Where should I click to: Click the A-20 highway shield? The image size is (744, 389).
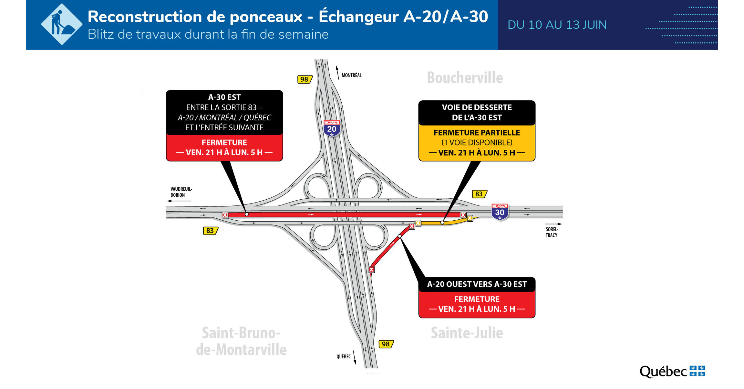pyautogui.click(x=331, y=128)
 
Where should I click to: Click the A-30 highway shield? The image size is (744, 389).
pyautogui.click(x=500, y=212)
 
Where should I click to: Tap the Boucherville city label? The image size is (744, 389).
pyautogui.click(x=465, y=78)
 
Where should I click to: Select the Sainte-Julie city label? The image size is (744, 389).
pyautogui.click(x=467, y=333)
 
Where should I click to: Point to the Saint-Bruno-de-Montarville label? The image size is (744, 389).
pyautogui.click(x=241, y=341)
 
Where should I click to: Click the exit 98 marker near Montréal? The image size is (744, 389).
pyautogui.click(x=305, y=79)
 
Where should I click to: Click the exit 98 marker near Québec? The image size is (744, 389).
pyautogui.click(x=386, y=344)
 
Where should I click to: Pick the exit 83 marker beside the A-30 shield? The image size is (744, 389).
pyautogui.click(x=479, y=194)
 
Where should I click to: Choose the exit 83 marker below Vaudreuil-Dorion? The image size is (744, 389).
pyautogui.click(x=210, y=231)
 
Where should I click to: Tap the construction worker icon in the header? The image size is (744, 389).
pyautogui.click(x=61, y=24)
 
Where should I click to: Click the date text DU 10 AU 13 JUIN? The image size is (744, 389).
pyautogui.click(x=557, y=25)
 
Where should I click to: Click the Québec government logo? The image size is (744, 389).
pyautogui.click(x=672, y=371)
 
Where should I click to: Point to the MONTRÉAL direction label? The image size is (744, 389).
pyautogui.click(x=351, y=75)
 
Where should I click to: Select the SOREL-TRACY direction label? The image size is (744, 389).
pyautogui.click(x=552, y=232)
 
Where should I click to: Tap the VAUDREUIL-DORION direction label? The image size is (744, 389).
pyautogui.click(x=181, y=192)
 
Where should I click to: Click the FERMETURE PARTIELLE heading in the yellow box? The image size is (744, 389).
pyautogui.click(x=477, y=133)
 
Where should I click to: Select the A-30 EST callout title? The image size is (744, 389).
pyautogui.click(x=224, y=97)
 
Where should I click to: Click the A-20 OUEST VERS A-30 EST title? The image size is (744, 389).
pyautogui.click(x=477, y=284)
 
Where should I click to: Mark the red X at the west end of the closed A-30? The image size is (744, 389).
pyautogui.click(x=225, y=215)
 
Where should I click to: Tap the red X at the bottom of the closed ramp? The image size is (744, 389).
pyautogui.click(x=371, y=269)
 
